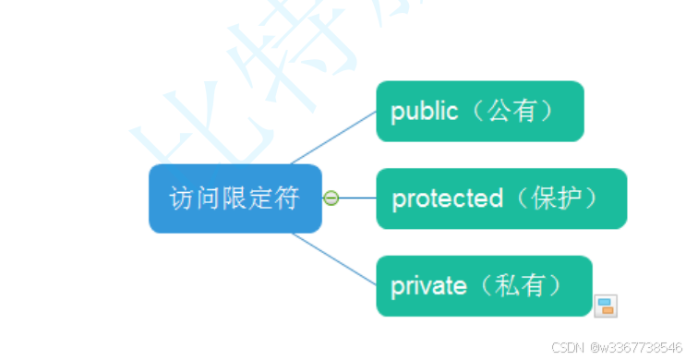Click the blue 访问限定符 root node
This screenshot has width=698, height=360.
tap(235, 198)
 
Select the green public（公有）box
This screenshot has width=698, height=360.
tap(479, 112)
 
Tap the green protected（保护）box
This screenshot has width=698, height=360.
tap(500, 198)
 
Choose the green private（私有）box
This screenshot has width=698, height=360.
tap(483, 286)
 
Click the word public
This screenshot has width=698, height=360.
tap(424, 112)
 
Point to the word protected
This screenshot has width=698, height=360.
tap(447, 198)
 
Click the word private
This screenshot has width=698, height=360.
tap(428, 286)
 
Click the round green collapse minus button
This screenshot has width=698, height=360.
tap(331, 198)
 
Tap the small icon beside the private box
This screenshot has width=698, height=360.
tap(606, 306)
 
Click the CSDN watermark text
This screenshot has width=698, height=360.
tap(568, 348)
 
